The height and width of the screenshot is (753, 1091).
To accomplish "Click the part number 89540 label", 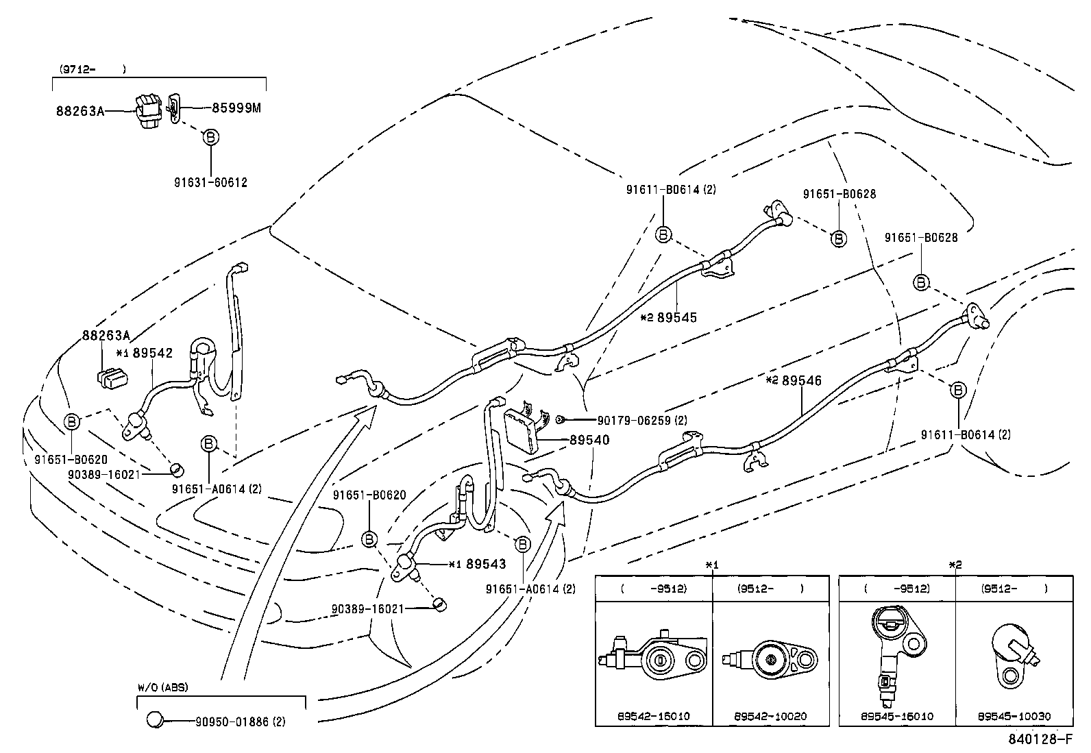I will pos(589,441).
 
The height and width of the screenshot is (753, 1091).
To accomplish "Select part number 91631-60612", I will pos(210,183).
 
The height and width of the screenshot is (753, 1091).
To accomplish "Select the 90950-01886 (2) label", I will pos(240,721).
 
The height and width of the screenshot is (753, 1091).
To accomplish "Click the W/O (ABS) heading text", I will pos(162,687).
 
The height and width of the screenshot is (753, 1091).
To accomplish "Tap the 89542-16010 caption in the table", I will pos(653,716).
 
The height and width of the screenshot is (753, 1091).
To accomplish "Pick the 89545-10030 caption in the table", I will pos(1014,716).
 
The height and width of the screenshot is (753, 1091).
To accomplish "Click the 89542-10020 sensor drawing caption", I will pos(770,716).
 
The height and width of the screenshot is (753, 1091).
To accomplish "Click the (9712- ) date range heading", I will pos(91,69).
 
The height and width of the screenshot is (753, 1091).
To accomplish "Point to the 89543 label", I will pos(485,564).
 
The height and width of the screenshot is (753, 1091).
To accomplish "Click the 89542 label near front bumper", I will pos(152,353).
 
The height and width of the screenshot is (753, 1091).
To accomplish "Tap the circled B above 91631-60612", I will pos(211,138).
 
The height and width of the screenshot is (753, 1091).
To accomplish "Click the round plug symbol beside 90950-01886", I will pos(156,720).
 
